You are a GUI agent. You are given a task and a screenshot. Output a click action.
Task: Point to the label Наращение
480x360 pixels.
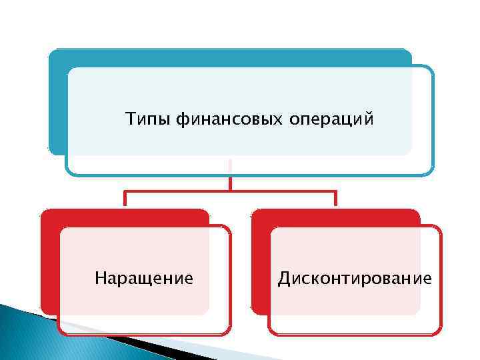[x=144, y=277]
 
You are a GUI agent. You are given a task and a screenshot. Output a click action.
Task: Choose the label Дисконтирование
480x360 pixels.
[x=355, y=277]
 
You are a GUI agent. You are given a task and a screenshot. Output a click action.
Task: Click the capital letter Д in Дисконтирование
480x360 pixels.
[x=283, y=277]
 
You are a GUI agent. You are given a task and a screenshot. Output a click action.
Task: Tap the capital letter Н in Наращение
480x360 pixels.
[x=100, y=277]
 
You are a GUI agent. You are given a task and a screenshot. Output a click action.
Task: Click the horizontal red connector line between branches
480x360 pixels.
[x=280, y=192]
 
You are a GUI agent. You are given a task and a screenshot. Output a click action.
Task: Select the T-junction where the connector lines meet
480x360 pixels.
[x=230, y=192]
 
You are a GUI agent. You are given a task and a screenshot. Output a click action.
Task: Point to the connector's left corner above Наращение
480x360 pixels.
[x=125, y=193]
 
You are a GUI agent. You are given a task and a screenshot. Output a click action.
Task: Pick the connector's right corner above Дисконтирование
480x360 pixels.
[x=335, y=193]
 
